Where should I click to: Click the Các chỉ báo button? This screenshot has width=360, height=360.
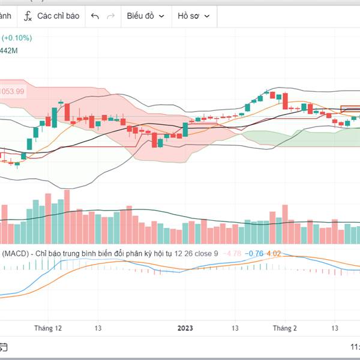[x=58, y=16]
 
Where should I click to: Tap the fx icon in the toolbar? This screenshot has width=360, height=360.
[x=28, y=16]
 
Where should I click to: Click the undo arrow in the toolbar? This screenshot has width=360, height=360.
[x=95, y=16]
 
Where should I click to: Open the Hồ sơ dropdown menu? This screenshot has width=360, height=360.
[x=193, y=16]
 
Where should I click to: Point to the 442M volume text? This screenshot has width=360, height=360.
[x=10, y=51]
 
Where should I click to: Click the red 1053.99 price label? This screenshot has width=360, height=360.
[x=12, y=91]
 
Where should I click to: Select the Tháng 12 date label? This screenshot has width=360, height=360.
[x=48, y=328]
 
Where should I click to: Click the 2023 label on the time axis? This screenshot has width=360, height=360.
[x=185, y=328]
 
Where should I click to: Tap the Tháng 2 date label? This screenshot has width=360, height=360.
[x=285, y=328]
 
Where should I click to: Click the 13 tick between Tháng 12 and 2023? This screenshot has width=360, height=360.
[x=98, y=328]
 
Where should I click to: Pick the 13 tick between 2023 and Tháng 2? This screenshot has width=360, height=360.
[x=236, y=328]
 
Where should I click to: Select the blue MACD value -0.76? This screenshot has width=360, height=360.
[x=256, y=254]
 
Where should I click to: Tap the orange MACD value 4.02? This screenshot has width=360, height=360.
[x=274, y=254]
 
